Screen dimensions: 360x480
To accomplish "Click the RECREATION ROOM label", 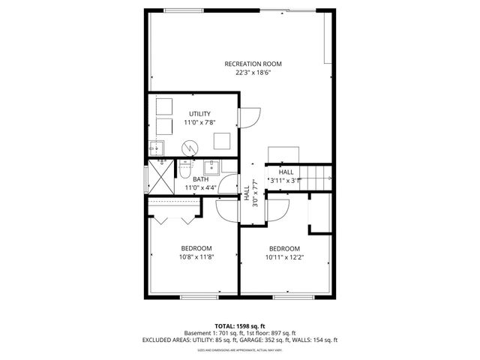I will pyautogui.click(x=253, y=64).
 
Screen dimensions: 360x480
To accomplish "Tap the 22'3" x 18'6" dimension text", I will pyautogui.click(x=253, y=73).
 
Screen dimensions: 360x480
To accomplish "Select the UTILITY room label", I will pyautogui.click(x=199, y=113).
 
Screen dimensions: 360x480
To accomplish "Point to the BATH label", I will pyautogui.click(x=200, y=179).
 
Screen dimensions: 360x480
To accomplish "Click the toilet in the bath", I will pyautogui.click(x=184, y=170).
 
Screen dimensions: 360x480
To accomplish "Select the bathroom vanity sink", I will pyautogui.click(x=211, y=166).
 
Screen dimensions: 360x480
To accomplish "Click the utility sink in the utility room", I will pyautogui.click(x=157, y=146).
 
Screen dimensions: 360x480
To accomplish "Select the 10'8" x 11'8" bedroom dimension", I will pyautogui.click(x=196, y=256).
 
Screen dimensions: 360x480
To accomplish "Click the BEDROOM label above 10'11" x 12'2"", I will pyautogui.click(x=285, y=248).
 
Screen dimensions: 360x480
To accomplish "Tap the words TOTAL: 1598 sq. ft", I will pyautogui.click(x=240, y=326).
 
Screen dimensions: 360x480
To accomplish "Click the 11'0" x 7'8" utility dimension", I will pyautogui.click(x=199, y=122).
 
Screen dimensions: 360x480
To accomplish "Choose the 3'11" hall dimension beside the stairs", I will pyautogui.click(x=286, y=180).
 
